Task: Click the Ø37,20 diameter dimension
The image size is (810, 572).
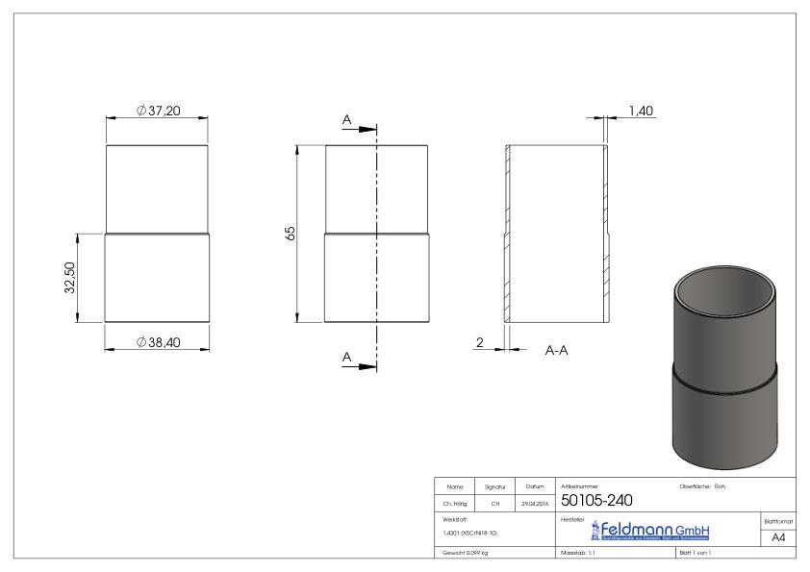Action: [159, 112]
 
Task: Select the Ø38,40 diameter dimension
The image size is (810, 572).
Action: [159, 342]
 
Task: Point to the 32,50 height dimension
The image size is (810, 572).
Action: [70, 279]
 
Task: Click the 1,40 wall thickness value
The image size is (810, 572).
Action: [641, 112]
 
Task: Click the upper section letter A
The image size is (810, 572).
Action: [346, 119]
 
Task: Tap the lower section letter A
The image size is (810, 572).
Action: [346, 358]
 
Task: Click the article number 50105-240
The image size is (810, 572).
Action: [596, 500]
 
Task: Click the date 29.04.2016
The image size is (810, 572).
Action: [533, 503]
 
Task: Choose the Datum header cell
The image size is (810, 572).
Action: [533, 487]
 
